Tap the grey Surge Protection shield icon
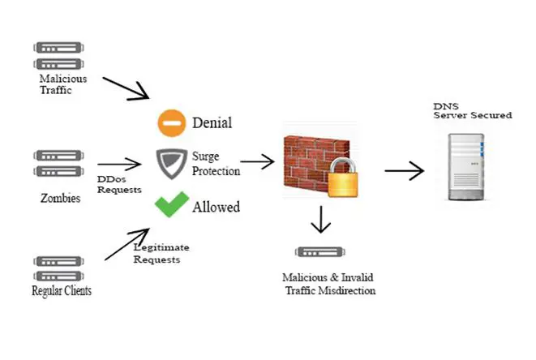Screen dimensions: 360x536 point(171,162)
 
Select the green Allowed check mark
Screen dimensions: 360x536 point(171,204)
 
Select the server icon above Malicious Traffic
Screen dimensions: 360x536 point(58,55)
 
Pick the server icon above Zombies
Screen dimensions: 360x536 point(58,164)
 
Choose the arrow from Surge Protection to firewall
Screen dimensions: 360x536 point(258,162)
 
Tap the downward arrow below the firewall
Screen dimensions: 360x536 point(322,218)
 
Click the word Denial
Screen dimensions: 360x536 point(212,123)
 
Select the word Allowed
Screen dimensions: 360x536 point(216,207)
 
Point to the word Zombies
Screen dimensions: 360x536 point(60,197)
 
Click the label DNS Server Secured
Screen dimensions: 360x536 point(472,111)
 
